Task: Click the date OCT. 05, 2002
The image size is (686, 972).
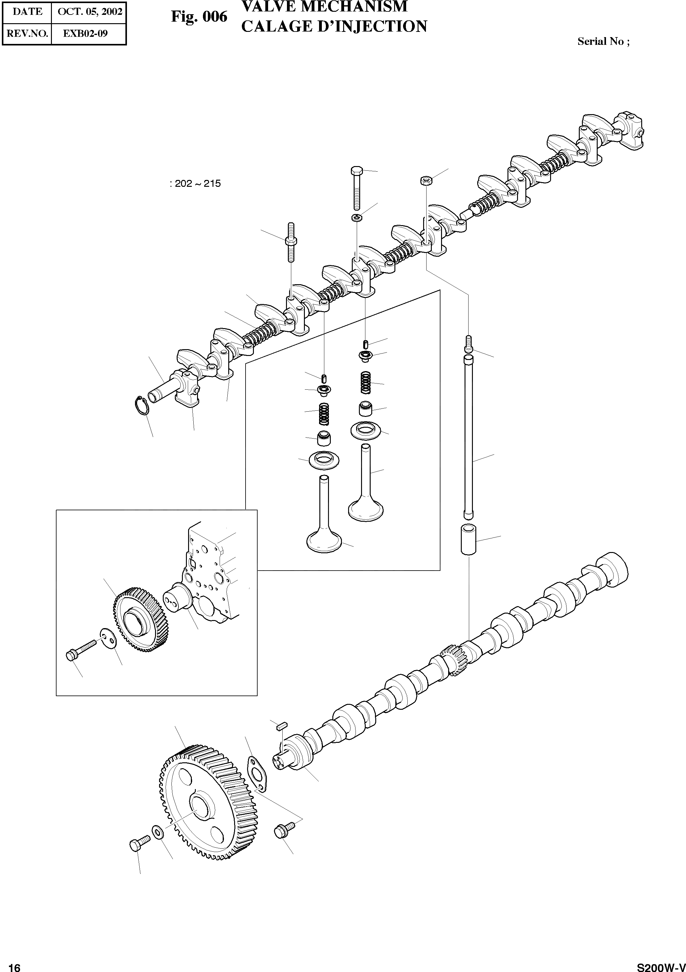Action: click(x=90, y=11)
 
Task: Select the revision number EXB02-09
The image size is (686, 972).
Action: click(x=86, y=33)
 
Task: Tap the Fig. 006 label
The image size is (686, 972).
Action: click(x=199, y=17)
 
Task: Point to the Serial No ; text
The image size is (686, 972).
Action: click(x=603, y=41)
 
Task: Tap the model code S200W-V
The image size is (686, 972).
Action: click(x=661, y=965)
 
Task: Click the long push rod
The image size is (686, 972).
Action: click(x=468, y=436)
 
